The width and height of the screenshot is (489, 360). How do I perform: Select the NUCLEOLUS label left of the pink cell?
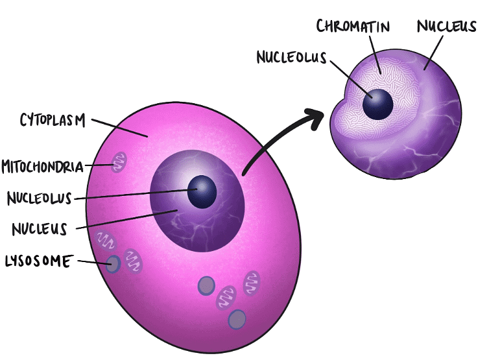click(x=40, y=197)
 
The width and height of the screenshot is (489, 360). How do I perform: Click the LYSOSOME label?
click(x=38, y=261)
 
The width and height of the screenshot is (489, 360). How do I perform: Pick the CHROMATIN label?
click(x=354, y=27)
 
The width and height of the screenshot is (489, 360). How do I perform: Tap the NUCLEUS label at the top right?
click(x=447, y=26)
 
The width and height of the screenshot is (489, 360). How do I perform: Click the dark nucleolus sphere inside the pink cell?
click(x=202, y=191)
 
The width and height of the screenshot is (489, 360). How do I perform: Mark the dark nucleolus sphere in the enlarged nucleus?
click(x=377, y=103)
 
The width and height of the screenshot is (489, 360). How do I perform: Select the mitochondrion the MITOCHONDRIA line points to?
click(x=118, y=162)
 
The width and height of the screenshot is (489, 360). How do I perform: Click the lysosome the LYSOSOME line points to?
click(x=113, y=264)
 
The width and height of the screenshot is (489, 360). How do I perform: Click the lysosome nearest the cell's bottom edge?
click(x=237, y=318)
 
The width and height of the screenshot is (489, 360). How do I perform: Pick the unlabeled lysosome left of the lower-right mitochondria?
click(x=206, y=285)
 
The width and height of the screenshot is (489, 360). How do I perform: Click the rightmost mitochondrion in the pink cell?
click(x=252, y=282)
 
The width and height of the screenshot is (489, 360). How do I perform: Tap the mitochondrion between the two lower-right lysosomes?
click(x=227, y=298)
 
